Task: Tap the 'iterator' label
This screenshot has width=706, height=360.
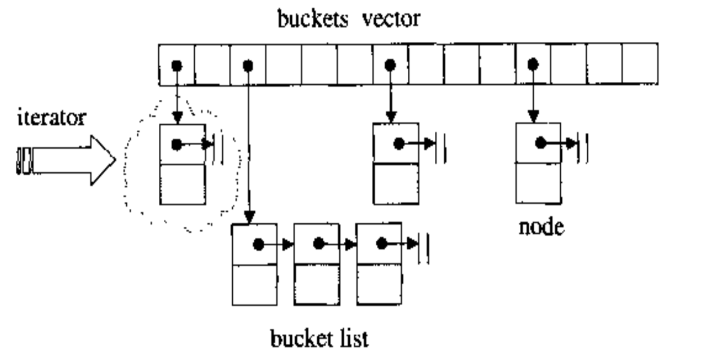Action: [x=51, y=118]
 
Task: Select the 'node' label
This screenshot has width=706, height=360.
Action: [x=541, y=226]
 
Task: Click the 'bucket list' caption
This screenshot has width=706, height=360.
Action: [x=319, y=339]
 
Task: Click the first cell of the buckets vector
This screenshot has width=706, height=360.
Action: [x=176, y=65]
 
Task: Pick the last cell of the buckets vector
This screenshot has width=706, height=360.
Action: [x=640, y=65]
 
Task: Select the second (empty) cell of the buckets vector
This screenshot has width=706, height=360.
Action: [x=212, y=65]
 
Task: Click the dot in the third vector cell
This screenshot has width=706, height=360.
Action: [x=248, y=66]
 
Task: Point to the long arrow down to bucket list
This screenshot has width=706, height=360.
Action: [x=248, y=152]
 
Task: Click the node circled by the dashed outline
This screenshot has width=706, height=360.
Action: [x=183, y=164]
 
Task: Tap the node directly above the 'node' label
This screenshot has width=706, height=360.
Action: [x=538, y=163]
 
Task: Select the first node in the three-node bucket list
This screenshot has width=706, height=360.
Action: [x=254, y=265]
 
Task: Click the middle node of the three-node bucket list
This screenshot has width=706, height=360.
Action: [x=317, y=265]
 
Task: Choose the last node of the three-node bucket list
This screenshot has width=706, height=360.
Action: [x=379, y=265]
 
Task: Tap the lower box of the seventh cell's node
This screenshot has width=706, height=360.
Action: [x=396, y=184]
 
